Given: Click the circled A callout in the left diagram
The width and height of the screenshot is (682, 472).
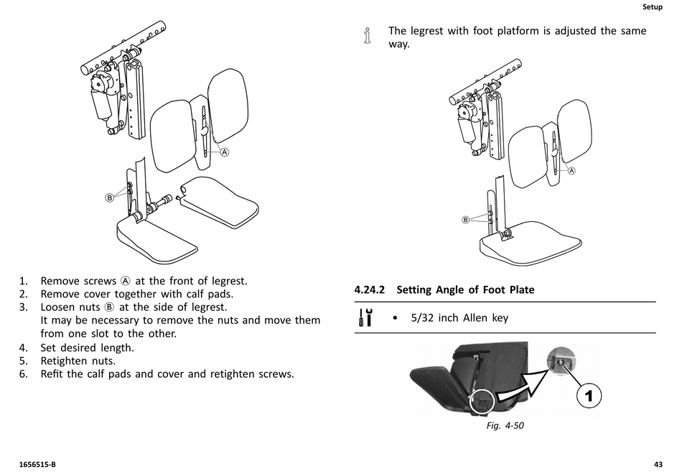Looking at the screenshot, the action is (x=225, y=152).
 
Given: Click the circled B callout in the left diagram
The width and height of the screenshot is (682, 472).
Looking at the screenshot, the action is (x=110, y=198).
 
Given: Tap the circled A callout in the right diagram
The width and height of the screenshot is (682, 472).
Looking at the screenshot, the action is (x=571, y=171).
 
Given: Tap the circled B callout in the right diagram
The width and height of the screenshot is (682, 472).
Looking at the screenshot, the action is (x=465, y=220).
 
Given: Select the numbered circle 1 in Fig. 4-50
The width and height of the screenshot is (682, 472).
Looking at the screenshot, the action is (x=589, y=396).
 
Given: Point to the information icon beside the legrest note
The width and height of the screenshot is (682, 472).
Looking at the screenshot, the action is (x=368, y=36).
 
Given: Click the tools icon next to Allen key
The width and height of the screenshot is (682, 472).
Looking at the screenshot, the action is (x=365, y=317).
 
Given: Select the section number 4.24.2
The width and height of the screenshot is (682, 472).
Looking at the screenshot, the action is (x=370, y=290).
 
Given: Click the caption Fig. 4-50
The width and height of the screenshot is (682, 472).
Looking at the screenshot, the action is (x=505, y=425).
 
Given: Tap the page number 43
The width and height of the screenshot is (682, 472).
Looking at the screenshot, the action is (x=658, y=465).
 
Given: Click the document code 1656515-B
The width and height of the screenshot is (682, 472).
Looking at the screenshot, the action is (x=37, y=465).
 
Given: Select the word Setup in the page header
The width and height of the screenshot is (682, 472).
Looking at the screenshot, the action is (x=653, y=7).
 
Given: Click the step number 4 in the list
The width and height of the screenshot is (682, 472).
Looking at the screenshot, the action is (x=23, y=348).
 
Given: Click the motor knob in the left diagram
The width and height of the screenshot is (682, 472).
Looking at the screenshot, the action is (x=98, y=83).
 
